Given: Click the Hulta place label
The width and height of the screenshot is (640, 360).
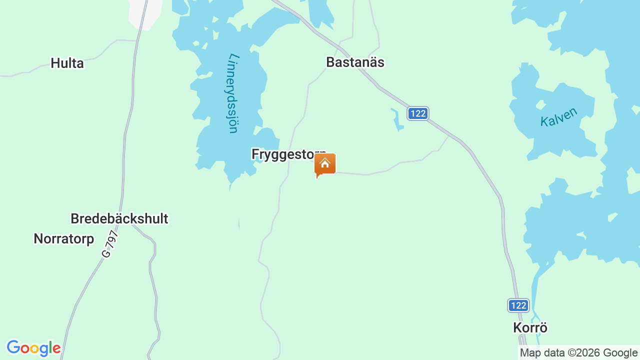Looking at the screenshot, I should pos(67,63).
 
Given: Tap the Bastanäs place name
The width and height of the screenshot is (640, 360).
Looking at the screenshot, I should pos(355,62).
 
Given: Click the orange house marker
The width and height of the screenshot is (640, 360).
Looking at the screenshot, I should pos(325,164).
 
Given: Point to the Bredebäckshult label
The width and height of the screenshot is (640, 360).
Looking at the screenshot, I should pos(119,219).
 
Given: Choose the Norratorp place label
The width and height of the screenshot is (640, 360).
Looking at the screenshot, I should pos(63,239).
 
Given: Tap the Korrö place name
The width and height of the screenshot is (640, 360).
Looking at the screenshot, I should pos(530,328).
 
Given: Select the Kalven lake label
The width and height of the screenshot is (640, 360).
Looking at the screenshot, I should pos(558,117).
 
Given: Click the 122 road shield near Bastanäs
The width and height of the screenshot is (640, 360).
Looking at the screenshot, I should pos(417,113).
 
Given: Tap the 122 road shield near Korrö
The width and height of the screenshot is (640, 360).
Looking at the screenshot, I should pos(518,305).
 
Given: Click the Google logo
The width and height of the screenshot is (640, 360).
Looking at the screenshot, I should pos(33,348).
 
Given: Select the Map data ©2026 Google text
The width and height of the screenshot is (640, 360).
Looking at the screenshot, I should pos(578,352).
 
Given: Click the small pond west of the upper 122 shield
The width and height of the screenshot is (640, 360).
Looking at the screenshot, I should pos(398,120).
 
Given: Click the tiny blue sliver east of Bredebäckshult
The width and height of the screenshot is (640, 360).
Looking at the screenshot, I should pos(239,223).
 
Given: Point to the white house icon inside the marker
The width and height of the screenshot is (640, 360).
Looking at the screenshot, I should pos(325,163).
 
